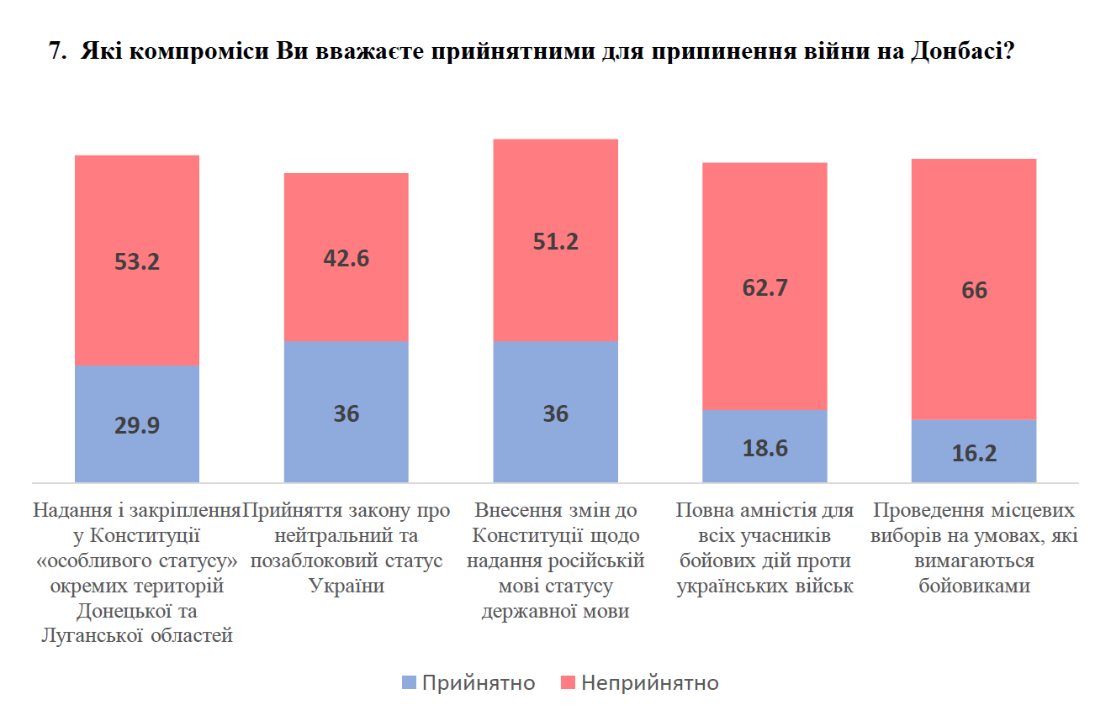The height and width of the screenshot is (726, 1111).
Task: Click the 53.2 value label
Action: [x=136, y=261]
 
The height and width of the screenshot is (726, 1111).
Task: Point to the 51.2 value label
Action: [x=555, y=241]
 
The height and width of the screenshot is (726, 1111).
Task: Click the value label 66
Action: [x=974, y=291]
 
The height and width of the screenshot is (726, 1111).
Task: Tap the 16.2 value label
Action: [x=974, y=454]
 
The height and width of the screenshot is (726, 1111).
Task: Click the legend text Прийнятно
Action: [x=478, y=683]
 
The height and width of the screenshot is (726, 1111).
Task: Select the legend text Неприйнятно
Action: [x=649, y=683]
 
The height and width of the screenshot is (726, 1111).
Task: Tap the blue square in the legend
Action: [x=410, y=683]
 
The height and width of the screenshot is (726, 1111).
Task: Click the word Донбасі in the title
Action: [x=959, y=52]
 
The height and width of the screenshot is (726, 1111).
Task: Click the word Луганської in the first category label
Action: [x=90, y=636]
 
